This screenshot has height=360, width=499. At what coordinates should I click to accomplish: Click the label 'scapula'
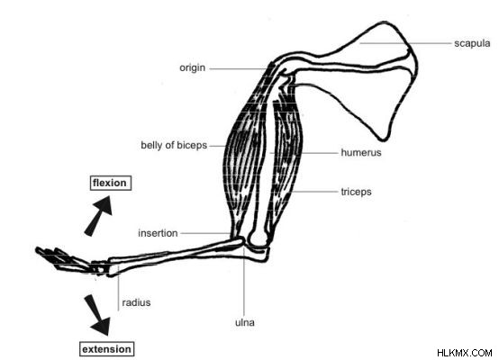(x=472, y=43)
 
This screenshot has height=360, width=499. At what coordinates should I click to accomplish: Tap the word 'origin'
(x=192, y=68)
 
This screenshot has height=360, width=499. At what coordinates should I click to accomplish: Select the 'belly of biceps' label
(x=174, y=145)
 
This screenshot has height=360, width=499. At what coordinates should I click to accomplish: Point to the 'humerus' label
(x=361, y=153)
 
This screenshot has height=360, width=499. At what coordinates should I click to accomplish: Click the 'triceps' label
(x=356, y=192)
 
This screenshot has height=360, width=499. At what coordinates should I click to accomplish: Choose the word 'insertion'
(x=158, y=233)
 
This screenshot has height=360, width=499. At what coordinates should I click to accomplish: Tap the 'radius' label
(x=136, y=302)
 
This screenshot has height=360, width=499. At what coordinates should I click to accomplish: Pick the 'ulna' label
(x=245, y=322)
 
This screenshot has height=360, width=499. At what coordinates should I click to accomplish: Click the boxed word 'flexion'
(x=111, y=183)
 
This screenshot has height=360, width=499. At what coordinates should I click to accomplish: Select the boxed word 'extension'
(x=106, y=349)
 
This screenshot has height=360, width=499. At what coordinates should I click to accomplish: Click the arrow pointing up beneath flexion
(x=99, y=216)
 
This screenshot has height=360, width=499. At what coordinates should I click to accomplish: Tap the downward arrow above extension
(x=97, y=315)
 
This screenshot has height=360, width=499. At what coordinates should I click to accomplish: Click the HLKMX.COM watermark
(x=464, y=353)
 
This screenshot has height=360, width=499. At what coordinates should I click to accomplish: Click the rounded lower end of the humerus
(x=259, y=239)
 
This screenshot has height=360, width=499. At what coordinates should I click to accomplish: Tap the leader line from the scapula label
(x=405, y=43)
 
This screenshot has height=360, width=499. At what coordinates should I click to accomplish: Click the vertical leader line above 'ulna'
(x=244, y=282)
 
